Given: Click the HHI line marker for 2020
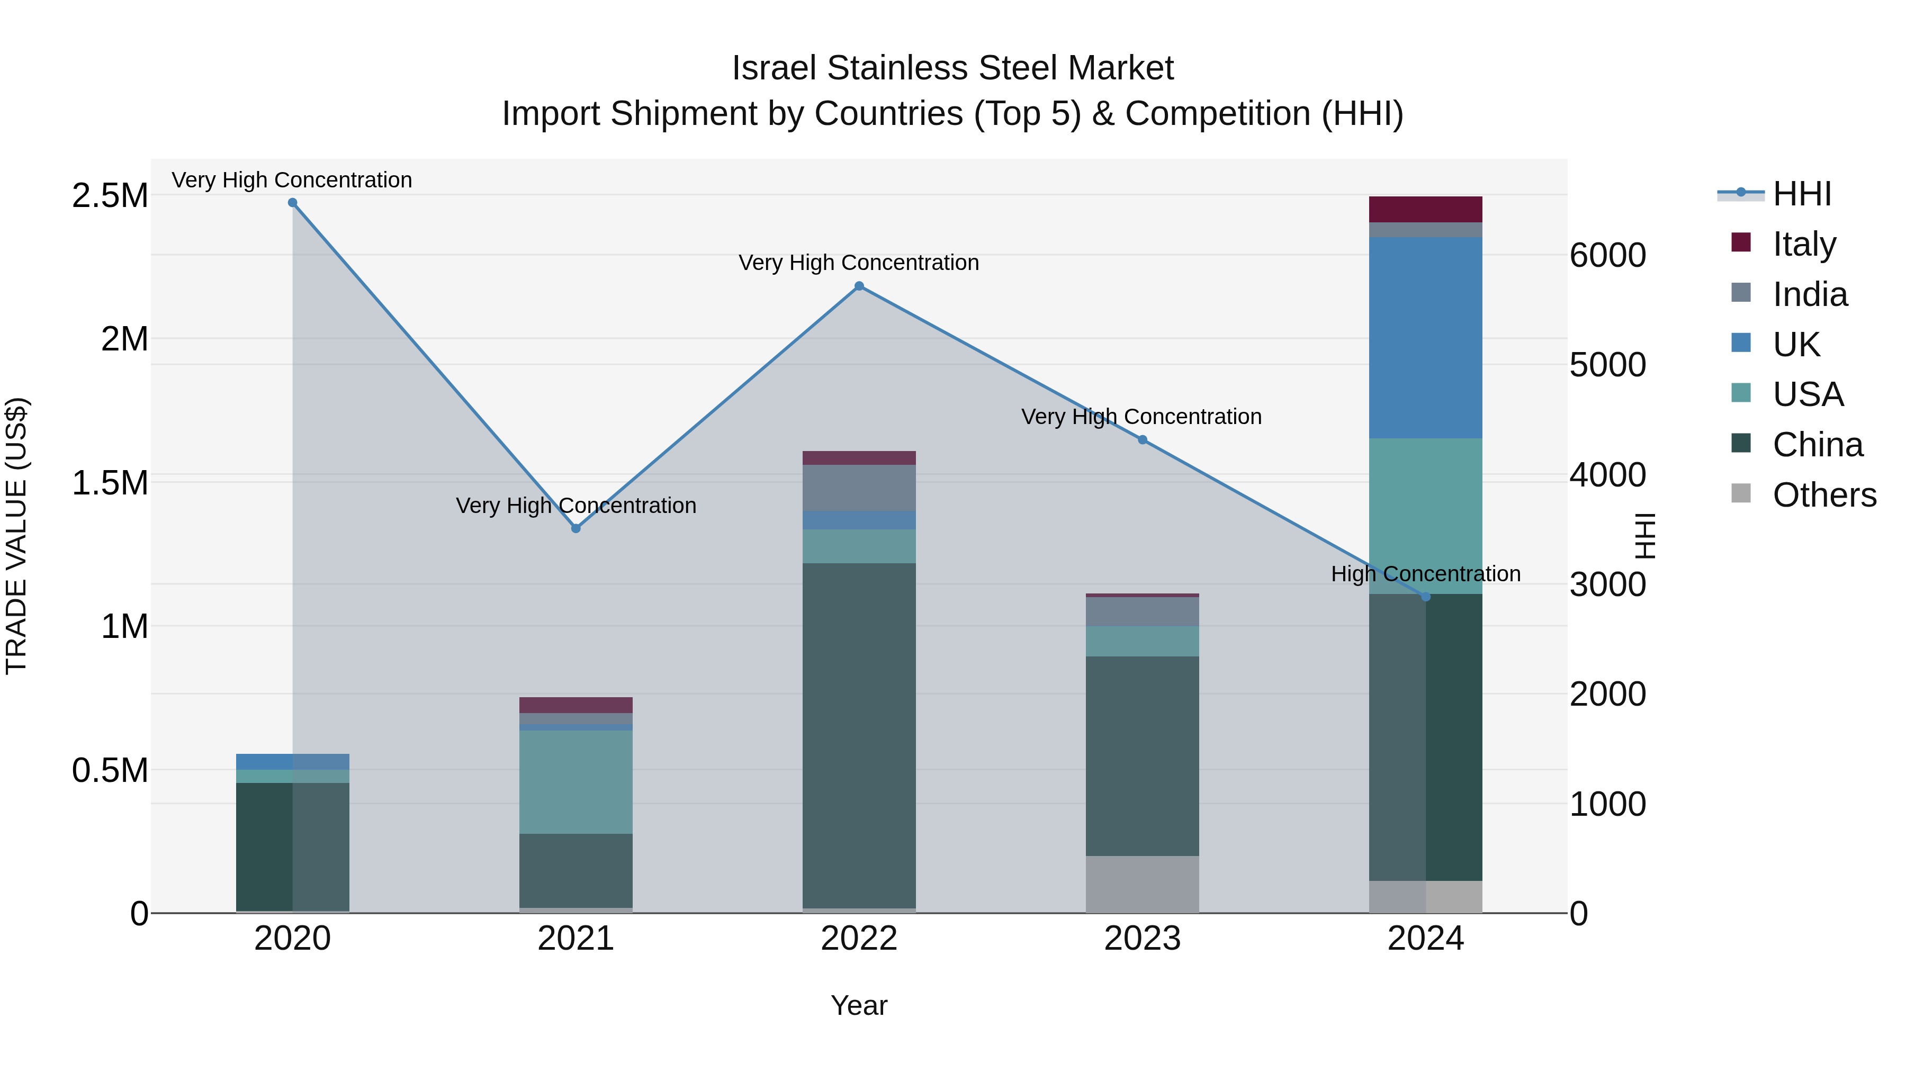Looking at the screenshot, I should click(292, 203).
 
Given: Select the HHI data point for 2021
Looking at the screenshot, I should click(576, 528).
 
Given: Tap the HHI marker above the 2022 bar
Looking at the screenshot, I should click(859, 286).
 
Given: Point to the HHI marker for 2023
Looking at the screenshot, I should click(1143, 440).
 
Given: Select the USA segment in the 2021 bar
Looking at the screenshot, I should click(576, 782).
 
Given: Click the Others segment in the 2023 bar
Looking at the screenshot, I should click(1143, 884).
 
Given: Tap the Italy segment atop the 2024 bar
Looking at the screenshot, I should click(1425, 209).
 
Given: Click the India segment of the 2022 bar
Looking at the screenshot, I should click(859, 488).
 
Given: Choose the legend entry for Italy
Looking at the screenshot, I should click(1804, 244).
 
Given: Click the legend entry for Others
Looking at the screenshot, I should click(1824, 495).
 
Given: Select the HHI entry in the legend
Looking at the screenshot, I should click(1802, 194).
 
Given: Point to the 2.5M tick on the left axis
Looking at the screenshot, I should click(110, 196).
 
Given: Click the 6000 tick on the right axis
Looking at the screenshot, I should click(1607, 255).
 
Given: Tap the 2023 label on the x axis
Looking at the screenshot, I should click(1143, 939).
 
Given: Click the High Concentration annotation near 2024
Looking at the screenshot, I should click(1425, 574).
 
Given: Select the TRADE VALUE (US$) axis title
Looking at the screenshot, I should click(16, 536).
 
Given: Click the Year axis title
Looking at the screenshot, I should click(859, 1005).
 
